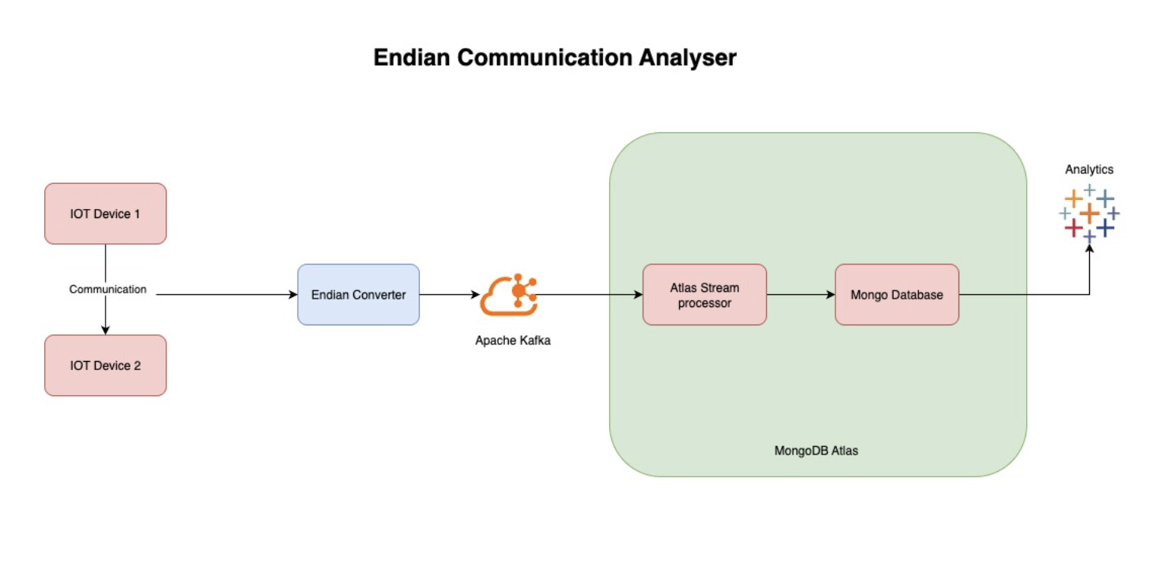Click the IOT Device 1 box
coord(105,214)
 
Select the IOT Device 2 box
coord(105,366)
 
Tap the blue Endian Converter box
coord(358,295)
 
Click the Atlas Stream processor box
coord(704,295)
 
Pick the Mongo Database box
coord(896,295)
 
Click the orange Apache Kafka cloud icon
coord(508,295)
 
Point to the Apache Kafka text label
coord(513,340)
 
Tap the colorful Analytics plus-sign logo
coord(1089,213)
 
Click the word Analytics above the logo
coord(1089,169)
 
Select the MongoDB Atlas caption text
coord(816,451)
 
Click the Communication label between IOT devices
coord(108,290)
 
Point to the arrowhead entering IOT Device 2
coord(106,330)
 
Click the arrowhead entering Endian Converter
coord(292,295)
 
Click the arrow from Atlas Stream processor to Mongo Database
coord(800,295)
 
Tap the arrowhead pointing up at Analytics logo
coord(1090,248)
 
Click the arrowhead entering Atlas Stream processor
coord(638,295)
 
